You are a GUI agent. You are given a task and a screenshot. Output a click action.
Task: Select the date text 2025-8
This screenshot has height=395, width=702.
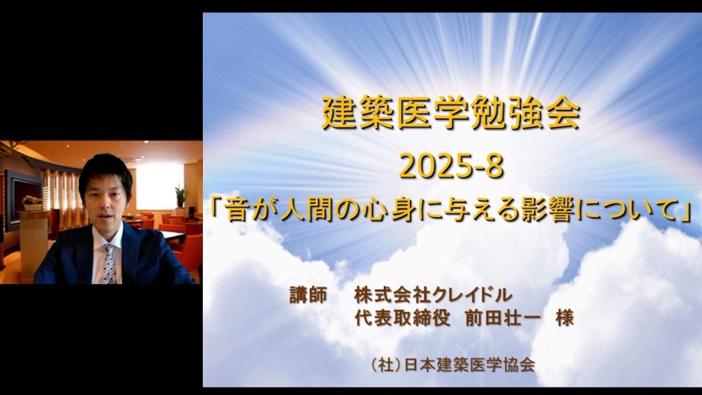[451, 167]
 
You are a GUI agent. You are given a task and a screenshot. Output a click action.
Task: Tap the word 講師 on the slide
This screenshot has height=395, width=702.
[308, 295]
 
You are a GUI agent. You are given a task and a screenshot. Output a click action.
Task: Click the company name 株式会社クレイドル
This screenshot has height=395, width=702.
[433, 295]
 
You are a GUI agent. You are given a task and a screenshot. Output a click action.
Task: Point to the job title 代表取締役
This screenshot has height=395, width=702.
[402, 318]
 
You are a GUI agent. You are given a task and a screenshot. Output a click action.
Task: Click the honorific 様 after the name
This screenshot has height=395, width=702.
[564, 318]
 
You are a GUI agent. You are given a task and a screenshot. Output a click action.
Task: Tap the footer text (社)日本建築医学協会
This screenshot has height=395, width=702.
[453, 365]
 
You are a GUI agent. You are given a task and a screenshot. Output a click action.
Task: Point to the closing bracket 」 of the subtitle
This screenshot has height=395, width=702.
[685, 211]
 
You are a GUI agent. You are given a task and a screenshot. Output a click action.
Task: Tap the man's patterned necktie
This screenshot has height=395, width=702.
[109, 264]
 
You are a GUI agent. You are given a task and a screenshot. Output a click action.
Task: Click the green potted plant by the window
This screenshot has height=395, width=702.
[181, 197]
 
